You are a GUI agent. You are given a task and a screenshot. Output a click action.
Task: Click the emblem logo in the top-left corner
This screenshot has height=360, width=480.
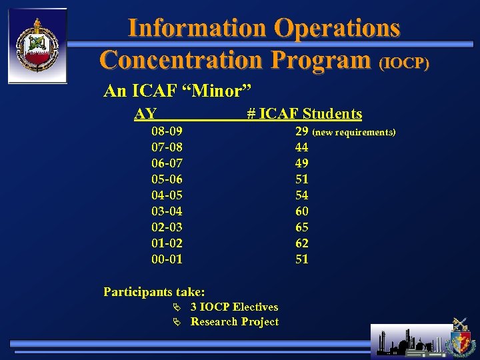pyautogui.click(x=37, y=45)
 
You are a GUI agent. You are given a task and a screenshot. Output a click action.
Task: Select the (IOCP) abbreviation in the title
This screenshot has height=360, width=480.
pyautogui.click(x=404, y=63)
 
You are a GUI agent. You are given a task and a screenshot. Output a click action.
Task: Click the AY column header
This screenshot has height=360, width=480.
pyautogui.click(x=145, y=114)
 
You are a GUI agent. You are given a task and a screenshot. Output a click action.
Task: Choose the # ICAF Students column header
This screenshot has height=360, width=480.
pyautogui.click(x=304, y=114)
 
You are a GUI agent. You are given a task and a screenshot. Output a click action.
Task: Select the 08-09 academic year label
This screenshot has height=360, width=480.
pyautogui.click(x=167, y=131)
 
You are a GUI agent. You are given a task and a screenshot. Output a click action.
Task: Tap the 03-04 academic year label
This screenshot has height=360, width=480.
pyautogui.click(x=167, y=211)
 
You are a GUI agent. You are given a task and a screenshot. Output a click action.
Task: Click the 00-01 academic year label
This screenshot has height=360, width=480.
pyautogui.click(x=167, y=259)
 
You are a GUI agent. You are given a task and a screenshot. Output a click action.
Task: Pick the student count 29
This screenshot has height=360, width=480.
pyautogui.click(x=302, y=131)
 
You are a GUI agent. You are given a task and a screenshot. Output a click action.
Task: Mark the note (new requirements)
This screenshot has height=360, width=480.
pyautogui.click(x=354, y=133)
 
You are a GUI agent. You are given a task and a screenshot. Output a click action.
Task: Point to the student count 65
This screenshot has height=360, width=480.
pyautogui.click(x=302, y=227)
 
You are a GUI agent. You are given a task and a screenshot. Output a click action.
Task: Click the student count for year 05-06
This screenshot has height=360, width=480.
pyautogui.click(x=302, y=179)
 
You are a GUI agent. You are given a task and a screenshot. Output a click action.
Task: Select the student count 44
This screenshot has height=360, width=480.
pyautogui.click(x=302, y=147)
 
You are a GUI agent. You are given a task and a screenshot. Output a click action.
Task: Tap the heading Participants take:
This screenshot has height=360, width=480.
pyautogui.click(x=154, y=291)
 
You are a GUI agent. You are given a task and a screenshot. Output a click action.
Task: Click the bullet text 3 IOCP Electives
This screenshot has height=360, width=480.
pyautogui.click(x=234, y=307)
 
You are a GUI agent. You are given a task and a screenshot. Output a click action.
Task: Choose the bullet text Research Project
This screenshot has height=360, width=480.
pyautogui.click(x=235, y=322)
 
